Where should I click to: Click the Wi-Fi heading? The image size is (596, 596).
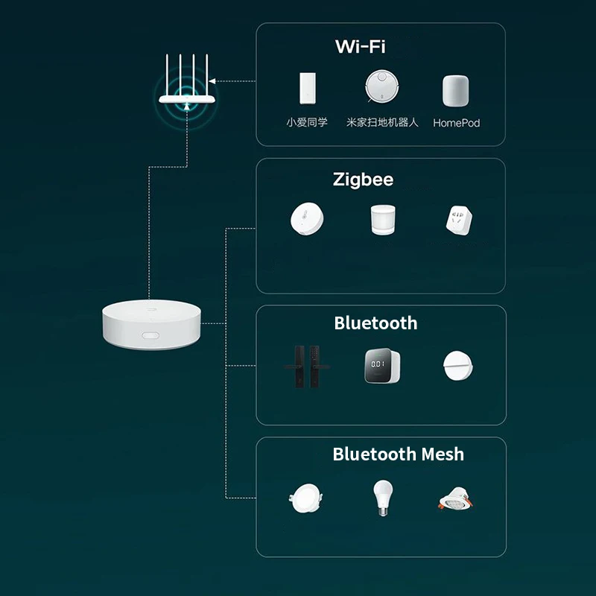click(x=360, y=47)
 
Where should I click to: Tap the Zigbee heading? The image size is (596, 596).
click(x=363, y=180)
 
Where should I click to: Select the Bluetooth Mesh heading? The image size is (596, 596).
click(x=398, y=454)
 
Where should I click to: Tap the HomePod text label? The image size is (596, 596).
click(x=456, y=123)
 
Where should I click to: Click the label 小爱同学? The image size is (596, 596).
click(x=306, y=122)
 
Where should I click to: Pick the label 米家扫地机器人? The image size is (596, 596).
click(x=382, y=122)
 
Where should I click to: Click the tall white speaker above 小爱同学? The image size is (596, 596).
click(x=307, y=89)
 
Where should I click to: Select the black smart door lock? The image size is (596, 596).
click(x=305, y=367)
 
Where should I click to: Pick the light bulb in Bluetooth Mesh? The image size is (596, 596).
click(x=382, y=498)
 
